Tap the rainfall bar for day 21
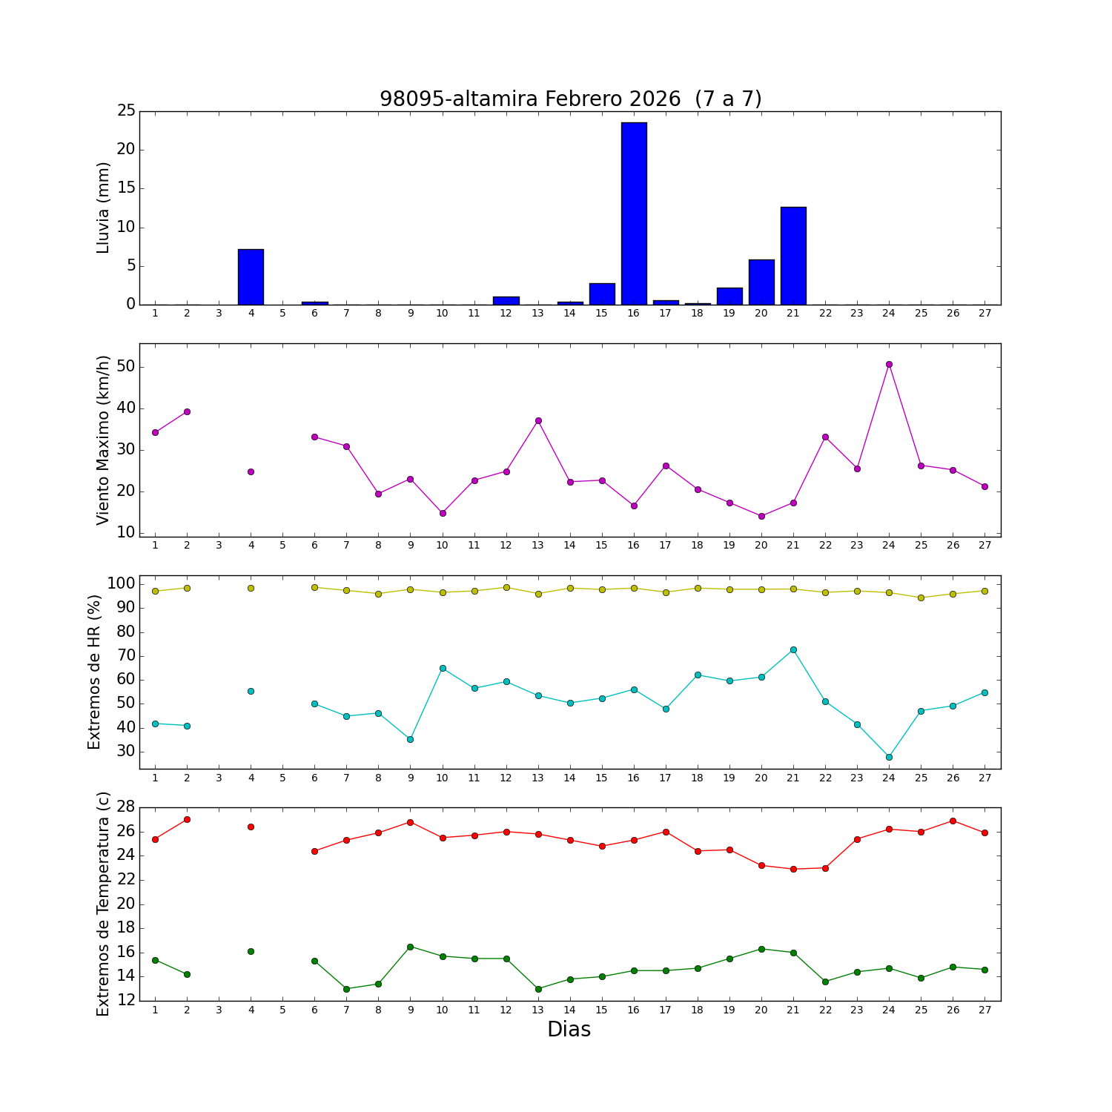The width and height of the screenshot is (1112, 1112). [793, 256]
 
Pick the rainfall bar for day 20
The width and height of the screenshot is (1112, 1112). [761, 282]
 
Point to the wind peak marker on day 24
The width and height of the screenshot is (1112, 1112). [889, 364]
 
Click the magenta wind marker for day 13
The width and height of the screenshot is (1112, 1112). [538, 420]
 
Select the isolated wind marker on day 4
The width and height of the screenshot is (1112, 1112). [251, 471]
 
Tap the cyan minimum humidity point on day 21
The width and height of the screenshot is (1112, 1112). [793, 649]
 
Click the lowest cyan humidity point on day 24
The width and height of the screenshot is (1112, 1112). [889, 757]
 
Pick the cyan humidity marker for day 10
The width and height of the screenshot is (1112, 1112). [443, 668]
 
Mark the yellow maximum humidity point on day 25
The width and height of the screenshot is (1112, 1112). [921, 598]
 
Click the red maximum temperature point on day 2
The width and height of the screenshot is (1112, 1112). [187, 819]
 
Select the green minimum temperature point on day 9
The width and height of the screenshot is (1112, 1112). [410, 947]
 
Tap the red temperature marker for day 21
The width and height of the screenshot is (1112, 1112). [793, 869]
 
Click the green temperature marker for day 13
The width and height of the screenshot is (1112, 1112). [538, 989]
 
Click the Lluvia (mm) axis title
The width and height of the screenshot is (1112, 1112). [104, 208]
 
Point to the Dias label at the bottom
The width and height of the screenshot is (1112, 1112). [569, 1030]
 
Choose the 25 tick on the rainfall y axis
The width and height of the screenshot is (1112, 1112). [126, 111]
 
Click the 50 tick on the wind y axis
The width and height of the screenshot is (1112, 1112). [126, 367]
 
